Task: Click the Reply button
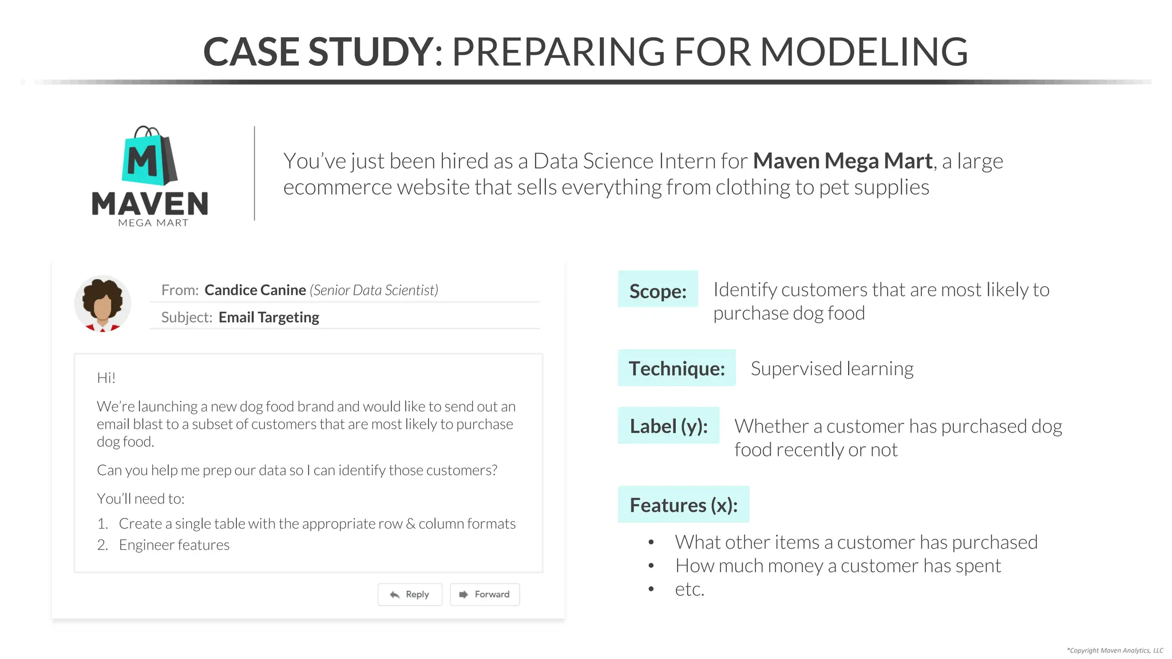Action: click(410, 594)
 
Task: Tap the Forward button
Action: click(485, 594)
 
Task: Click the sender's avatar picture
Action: click(102, 304)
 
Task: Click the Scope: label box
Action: click(658, 290)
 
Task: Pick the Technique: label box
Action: click(676, 368)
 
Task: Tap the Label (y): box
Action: click(668, 426)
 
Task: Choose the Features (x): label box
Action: click(683, 505)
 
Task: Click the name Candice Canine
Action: click(255, 290)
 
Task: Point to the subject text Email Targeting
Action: click(269, 317)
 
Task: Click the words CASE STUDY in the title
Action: click(318, 51)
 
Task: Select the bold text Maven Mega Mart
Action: click(842, 161)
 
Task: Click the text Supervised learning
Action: click(832, 369)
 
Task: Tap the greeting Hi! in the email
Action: click(106, 378)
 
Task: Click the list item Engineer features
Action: click(174, 545)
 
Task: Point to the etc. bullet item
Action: click(690, 589)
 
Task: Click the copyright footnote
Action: click(1115, 650)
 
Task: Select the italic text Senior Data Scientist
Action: click(374, 290)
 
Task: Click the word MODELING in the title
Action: click(864, 51)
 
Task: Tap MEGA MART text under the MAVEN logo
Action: click(153, 223)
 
